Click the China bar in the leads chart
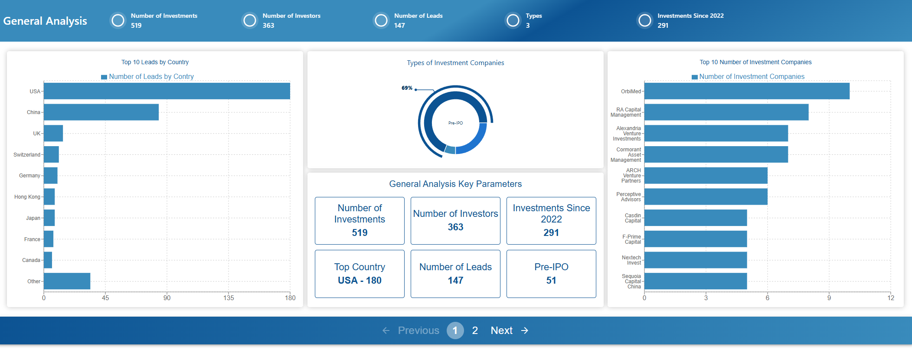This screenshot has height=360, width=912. point(101,112)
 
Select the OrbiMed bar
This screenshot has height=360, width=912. point(746,91)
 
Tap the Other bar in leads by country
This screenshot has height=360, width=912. point(67,281)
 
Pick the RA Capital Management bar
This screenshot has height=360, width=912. point(726,112)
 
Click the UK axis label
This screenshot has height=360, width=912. point(36,134)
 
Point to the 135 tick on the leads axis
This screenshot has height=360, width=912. point(229,298)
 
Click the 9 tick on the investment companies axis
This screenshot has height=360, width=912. point(829,298)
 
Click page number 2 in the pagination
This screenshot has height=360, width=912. point(475,331)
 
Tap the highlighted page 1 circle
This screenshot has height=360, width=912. point(455,331)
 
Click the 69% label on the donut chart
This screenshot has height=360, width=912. point(407,88)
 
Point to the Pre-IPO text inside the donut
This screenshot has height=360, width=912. point(455,123)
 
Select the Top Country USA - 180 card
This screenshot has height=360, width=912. point(360,274)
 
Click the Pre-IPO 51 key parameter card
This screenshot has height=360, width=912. point(551,274)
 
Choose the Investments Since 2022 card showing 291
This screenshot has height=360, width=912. point(551,221)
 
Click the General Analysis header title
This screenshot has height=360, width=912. point(45,21)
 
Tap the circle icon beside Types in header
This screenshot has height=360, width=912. point(513,20)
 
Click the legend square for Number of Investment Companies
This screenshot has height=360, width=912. point(694,77)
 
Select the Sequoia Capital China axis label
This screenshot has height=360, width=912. point(631,281)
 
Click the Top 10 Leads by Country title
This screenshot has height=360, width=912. point(155,62)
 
